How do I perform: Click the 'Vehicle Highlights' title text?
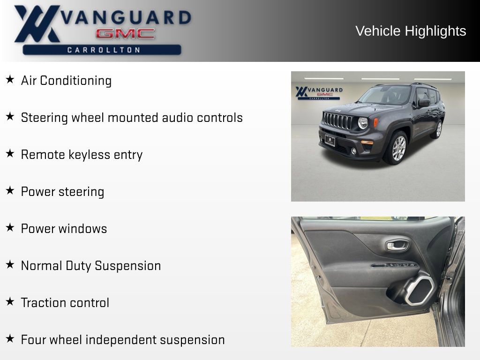pos(411,31)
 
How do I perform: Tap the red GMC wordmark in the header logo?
pos(125,34)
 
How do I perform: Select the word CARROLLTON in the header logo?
pos(104,50)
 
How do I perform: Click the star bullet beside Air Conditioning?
pos(10,80)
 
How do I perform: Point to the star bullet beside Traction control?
pos(10,302)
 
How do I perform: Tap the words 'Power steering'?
pos(62,192)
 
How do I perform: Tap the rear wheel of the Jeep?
pos(438,129)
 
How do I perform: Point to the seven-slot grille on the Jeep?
pos(338,121)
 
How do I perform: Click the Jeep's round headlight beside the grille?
pos(363,123)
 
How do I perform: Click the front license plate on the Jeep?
pos(330,140)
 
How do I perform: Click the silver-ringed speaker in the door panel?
pos(420,290)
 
